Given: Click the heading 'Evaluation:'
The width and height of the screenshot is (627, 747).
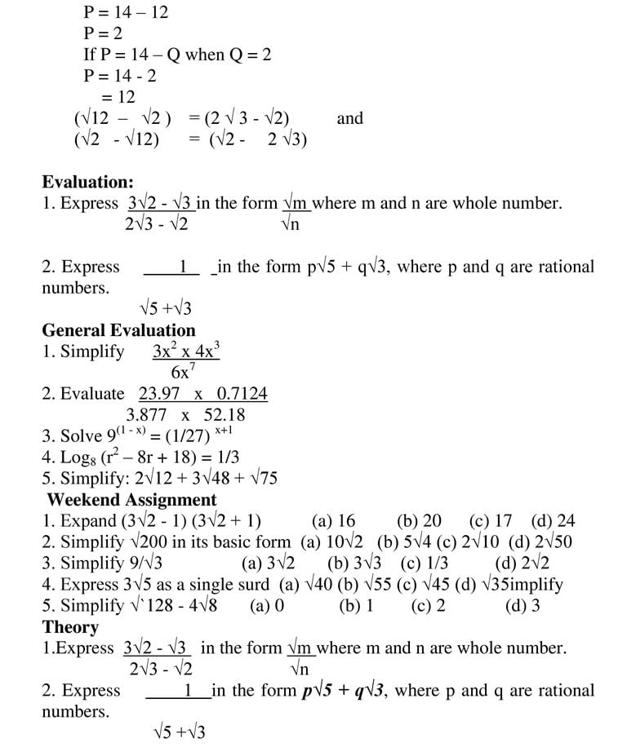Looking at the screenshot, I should [x=87, y=182].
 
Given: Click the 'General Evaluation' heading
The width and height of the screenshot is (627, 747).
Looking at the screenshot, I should [x=118, y=330].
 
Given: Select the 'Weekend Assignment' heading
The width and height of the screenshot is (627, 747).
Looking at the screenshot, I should [x=131, y=500].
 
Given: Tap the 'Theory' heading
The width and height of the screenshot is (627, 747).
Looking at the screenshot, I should [x=70, y=627].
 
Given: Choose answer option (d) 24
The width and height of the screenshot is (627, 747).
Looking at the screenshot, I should [x=553, y=521].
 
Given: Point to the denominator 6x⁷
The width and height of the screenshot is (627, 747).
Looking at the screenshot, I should [x=183, y=373].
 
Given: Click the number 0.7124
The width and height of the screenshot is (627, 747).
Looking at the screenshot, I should [x=242, y=394].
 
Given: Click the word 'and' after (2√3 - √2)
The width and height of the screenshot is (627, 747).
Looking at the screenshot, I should [x=349, y=118].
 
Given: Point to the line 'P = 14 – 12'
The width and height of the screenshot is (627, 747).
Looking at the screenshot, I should [x=126, y=12].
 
